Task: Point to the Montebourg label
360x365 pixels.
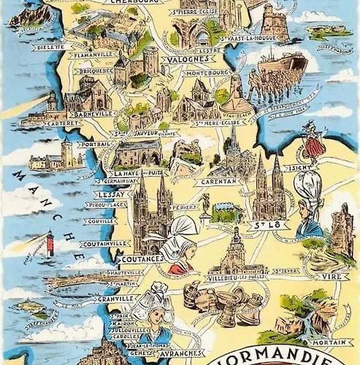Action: (210, 74)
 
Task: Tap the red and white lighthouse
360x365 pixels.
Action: (50, 243)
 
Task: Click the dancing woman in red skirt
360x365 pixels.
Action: (313, 142)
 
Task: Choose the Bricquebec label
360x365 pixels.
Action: (97, 72)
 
